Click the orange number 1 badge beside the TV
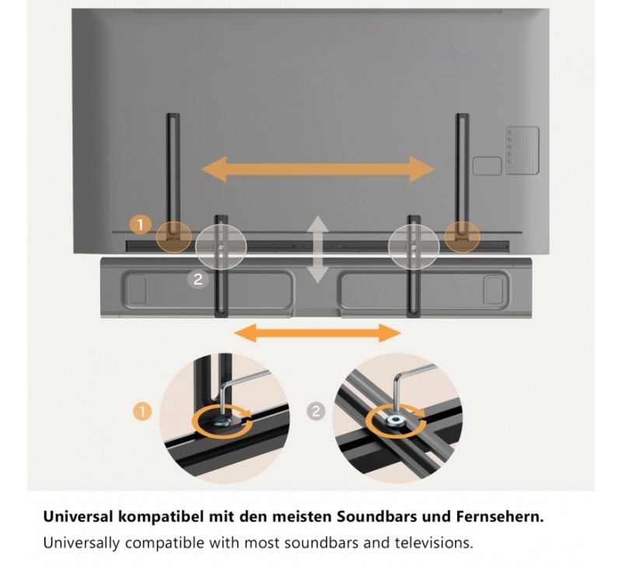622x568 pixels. (x=140, y=225)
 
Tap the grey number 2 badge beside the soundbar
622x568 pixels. (x=198, y=279)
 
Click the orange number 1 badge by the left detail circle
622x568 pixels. (x=143, y=411)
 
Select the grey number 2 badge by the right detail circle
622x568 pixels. (x=316, y=411)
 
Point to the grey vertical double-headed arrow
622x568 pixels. (x=317, y=249)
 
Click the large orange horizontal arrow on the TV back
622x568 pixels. (x=318, y=169)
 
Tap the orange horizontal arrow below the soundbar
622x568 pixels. (x=318, y=332)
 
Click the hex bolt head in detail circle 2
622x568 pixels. (x=396, y=420)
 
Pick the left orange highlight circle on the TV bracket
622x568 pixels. (x=173, y=237)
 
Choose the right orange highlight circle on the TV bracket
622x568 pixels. (x=462, y=237)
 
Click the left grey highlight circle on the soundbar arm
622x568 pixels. (x=221, y=247)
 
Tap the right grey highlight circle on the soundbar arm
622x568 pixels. (x=414, y=247)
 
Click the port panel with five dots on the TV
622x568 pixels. (x=522, y=150)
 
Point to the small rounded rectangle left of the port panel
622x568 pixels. (x=487, y=166)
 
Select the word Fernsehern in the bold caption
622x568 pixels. (x=500, y=517)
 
